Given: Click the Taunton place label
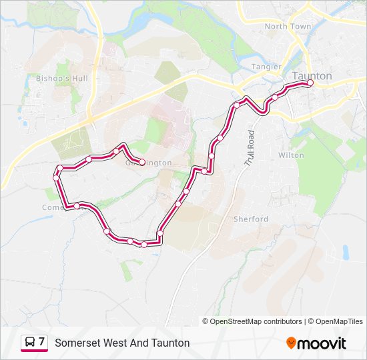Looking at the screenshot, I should (312, 76).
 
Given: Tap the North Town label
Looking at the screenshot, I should (288, 27).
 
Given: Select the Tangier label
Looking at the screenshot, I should (266, 67).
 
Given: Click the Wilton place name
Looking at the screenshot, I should (291, 155).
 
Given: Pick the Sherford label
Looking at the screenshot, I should (250, 219).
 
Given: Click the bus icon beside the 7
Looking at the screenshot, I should (30, 343).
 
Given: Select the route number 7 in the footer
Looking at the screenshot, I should (42, 342).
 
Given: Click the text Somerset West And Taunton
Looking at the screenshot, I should (122, 343).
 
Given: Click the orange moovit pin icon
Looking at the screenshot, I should (291, 343).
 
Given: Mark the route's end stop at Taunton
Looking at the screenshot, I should (310, 84).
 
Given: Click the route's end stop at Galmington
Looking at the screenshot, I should (142, 162).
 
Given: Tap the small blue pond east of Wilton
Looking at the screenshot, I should (345, 252).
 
